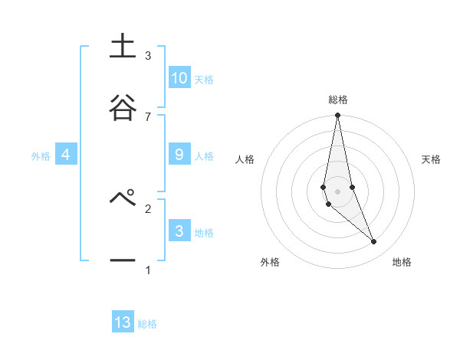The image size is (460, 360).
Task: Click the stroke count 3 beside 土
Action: pos(148,55)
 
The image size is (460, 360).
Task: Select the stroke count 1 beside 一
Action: pos(148,270)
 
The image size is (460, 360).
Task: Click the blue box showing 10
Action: pos(179,78)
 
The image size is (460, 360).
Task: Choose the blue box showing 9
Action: pos(179,155)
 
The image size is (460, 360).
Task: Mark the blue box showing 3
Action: pos(179,231)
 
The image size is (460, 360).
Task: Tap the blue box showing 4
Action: pos(66,155)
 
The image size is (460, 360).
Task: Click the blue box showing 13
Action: pos(123,322)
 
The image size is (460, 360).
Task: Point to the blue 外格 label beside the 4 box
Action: pos(41,156)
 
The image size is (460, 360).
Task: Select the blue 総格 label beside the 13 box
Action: pos(147,324)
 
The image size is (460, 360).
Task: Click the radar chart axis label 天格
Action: pos(432,159)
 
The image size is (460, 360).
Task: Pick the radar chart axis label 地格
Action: pos(402,262)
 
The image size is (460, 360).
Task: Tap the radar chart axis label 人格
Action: pos(245,159)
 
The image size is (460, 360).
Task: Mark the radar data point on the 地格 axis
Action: pos(374,242)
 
